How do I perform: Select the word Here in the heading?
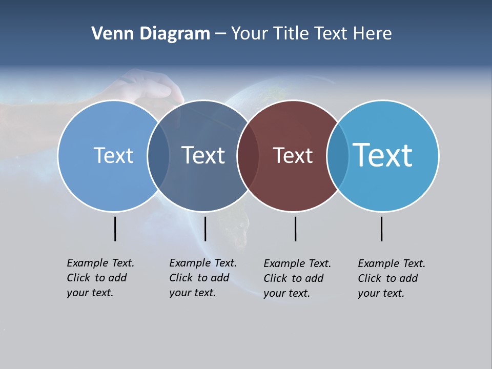(372, 34)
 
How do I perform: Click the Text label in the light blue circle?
(113, 155)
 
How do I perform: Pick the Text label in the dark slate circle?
(203, 155)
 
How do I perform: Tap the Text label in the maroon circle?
(293, 155)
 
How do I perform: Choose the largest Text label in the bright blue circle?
(382, 155)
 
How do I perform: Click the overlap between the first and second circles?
(158, 156)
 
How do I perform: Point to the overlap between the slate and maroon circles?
(248, 156)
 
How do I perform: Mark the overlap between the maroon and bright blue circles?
(337, 156)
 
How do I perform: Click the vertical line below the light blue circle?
(115, 229)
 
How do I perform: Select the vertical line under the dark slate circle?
(205, 229)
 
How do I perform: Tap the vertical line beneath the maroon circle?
(295, 229)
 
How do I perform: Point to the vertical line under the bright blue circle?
(382, 229)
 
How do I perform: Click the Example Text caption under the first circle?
(100, 278)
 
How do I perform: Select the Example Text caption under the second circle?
(202, 278)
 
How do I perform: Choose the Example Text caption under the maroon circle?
(297, 278)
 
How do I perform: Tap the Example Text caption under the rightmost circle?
(391, 278)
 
